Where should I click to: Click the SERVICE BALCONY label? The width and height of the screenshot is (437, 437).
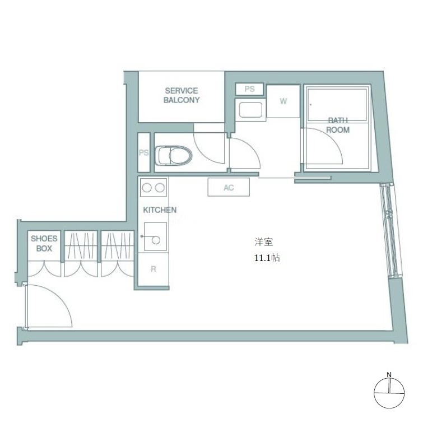point(182,95)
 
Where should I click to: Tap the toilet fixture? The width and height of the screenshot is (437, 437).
point(174,155)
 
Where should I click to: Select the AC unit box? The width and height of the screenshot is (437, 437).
point(229,187)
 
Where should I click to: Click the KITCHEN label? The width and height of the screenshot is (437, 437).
point(160,210)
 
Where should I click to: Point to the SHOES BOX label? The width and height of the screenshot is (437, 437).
point(44,243)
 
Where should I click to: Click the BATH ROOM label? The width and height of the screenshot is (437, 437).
point(338,125)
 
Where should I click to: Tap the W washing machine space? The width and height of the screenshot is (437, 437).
point(283,101)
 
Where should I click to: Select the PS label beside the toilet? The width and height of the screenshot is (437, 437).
point(144,153)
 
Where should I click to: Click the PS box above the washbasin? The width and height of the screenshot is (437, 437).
point(249,89)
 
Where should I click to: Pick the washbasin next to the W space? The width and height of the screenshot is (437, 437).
point(251,110)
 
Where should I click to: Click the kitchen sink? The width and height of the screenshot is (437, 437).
point(155,236)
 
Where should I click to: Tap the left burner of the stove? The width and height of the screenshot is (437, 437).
point(147,188)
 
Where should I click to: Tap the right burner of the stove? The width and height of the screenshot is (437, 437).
point(160,188)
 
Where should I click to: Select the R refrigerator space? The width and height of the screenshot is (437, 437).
point(154,269)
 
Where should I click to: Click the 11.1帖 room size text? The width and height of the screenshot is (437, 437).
point(267,258)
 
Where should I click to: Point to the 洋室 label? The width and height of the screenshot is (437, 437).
point(263,241)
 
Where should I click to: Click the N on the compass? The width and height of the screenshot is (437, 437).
point(389,375)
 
